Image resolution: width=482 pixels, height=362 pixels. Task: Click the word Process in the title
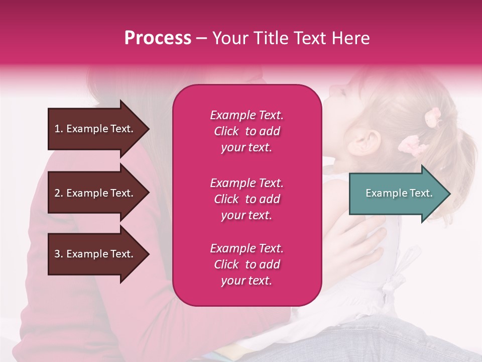(158, 38)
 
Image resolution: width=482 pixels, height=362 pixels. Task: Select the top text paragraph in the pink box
(247, 131)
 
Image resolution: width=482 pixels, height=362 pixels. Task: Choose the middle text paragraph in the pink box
(247, 199)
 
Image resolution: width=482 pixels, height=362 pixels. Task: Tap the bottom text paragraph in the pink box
(247, 264)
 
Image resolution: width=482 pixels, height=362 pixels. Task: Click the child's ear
(367, 142)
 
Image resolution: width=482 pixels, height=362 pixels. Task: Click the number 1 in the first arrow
(57, 129)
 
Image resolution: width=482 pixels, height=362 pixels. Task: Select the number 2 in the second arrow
(57, 193)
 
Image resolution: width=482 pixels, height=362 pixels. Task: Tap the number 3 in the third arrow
(57, 254)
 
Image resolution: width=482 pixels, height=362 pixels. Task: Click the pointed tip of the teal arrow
(449, 194)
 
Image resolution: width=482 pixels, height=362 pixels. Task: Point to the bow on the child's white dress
(397, 282)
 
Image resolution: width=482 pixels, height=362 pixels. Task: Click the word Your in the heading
(230, 38)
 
